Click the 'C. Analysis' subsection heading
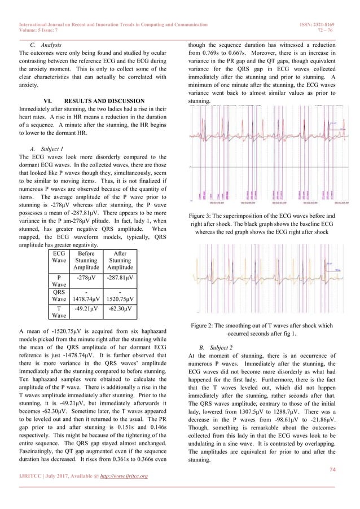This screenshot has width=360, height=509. point(46,43)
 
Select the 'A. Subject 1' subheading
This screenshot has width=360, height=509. point(46,149)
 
